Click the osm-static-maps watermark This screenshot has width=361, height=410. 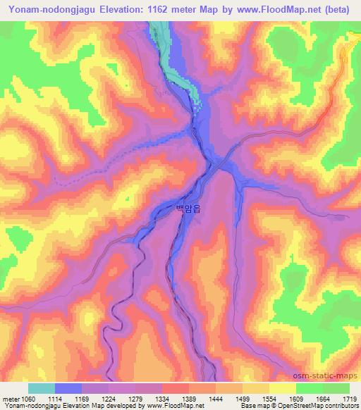331,374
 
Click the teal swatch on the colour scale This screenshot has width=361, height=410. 42,388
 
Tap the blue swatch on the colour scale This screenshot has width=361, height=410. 68,388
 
